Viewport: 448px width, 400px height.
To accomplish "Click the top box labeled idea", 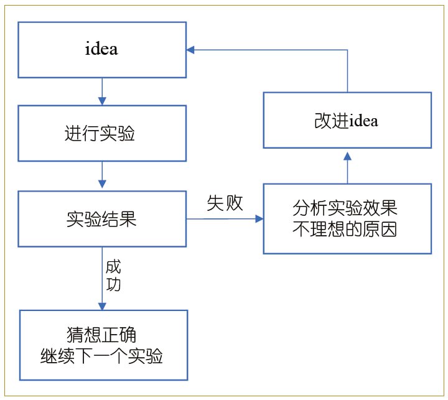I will pos(101,49).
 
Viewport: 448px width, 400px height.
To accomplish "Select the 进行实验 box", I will pos(101,134).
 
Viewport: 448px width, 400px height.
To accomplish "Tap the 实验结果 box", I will pos(101,219).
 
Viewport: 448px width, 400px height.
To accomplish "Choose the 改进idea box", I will pos(347,120).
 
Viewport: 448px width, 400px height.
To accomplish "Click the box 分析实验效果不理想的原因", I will pos(347,218).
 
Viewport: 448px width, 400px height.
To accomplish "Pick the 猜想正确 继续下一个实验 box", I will pos(103,345).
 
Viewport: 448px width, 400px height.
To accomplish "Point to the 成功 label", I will pos(114,276).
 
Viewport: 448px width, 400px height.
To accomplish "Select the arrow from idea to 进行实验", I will pos(102,91).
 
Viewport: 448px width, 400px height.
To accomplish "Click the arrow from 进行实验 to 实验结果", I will pos(102,177).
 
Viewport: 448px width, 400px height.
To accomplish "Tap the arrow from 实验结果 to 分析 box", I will pos(224,219).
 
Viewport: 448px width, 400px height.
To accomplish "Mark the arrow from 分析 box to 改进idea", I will pos(347,166).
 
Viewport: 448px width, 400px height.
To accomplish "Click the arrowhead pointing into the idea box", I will pos(191,49).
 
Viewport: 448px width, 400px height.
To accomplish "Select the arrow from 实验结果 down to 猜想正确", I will pos(102,277).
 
